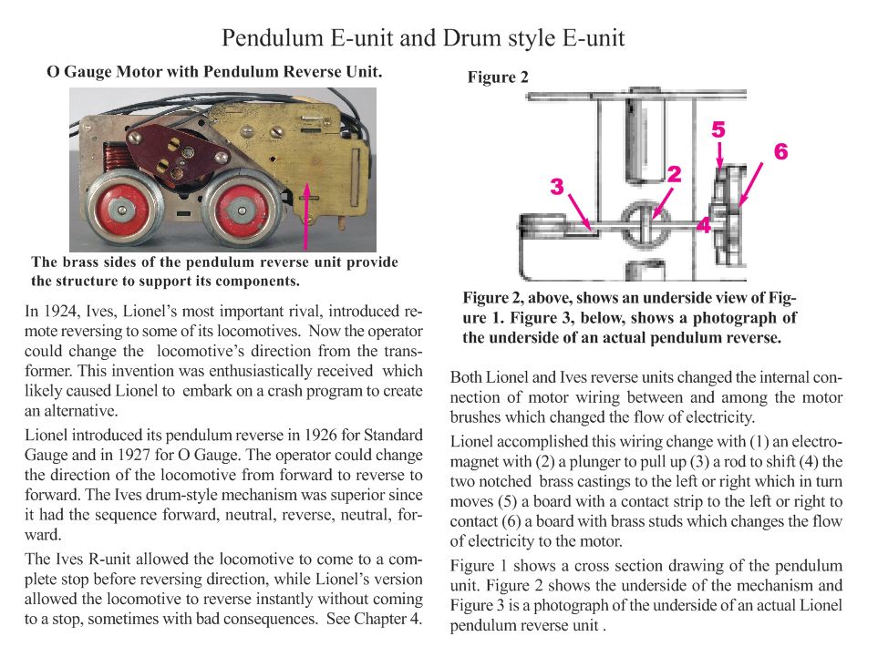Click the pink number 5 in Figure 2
point(718,129)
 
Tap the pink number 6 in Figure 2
point(781,151)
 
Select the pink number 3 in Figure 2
point(556,187)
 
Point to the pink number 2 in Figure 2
point(674,174)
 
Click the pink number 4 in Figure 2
point(704,224)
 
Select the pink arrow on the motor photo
point(306,215)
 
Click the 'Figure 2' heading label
point(498,77)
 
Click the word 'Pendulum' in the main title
point(273,38)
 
